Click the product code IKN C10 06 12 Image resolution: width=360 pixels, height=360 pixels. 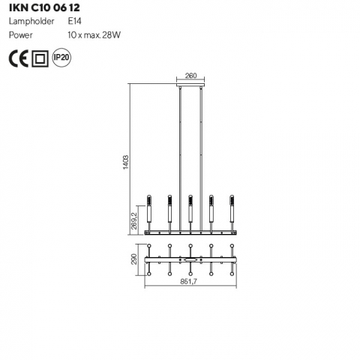click(x=44, y=7)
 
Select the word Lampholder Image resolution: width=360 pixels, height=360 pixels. click(x=31, y=21)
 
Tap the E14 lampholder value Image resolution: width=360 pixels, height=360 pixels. click(x=74, y=21)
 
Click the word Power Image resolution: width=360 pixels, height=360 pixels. click(x=21, y=35)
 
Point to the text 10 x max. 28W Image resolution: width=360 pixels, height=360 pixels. click(x=94, y=35)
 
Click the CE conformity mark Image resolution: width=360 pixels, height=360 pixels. click(x=19, y=58)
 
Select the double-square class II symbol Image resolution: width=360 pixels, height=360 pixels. click(x=40, y=58)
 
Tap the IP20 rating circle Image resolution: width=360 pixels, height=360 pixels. click(x=61, y=58)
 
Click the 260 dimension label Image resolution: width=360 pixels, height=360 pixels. click(x=190, y=76)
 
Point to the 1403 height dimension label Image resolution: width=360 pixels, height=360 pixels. click(x=126, y=162)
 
